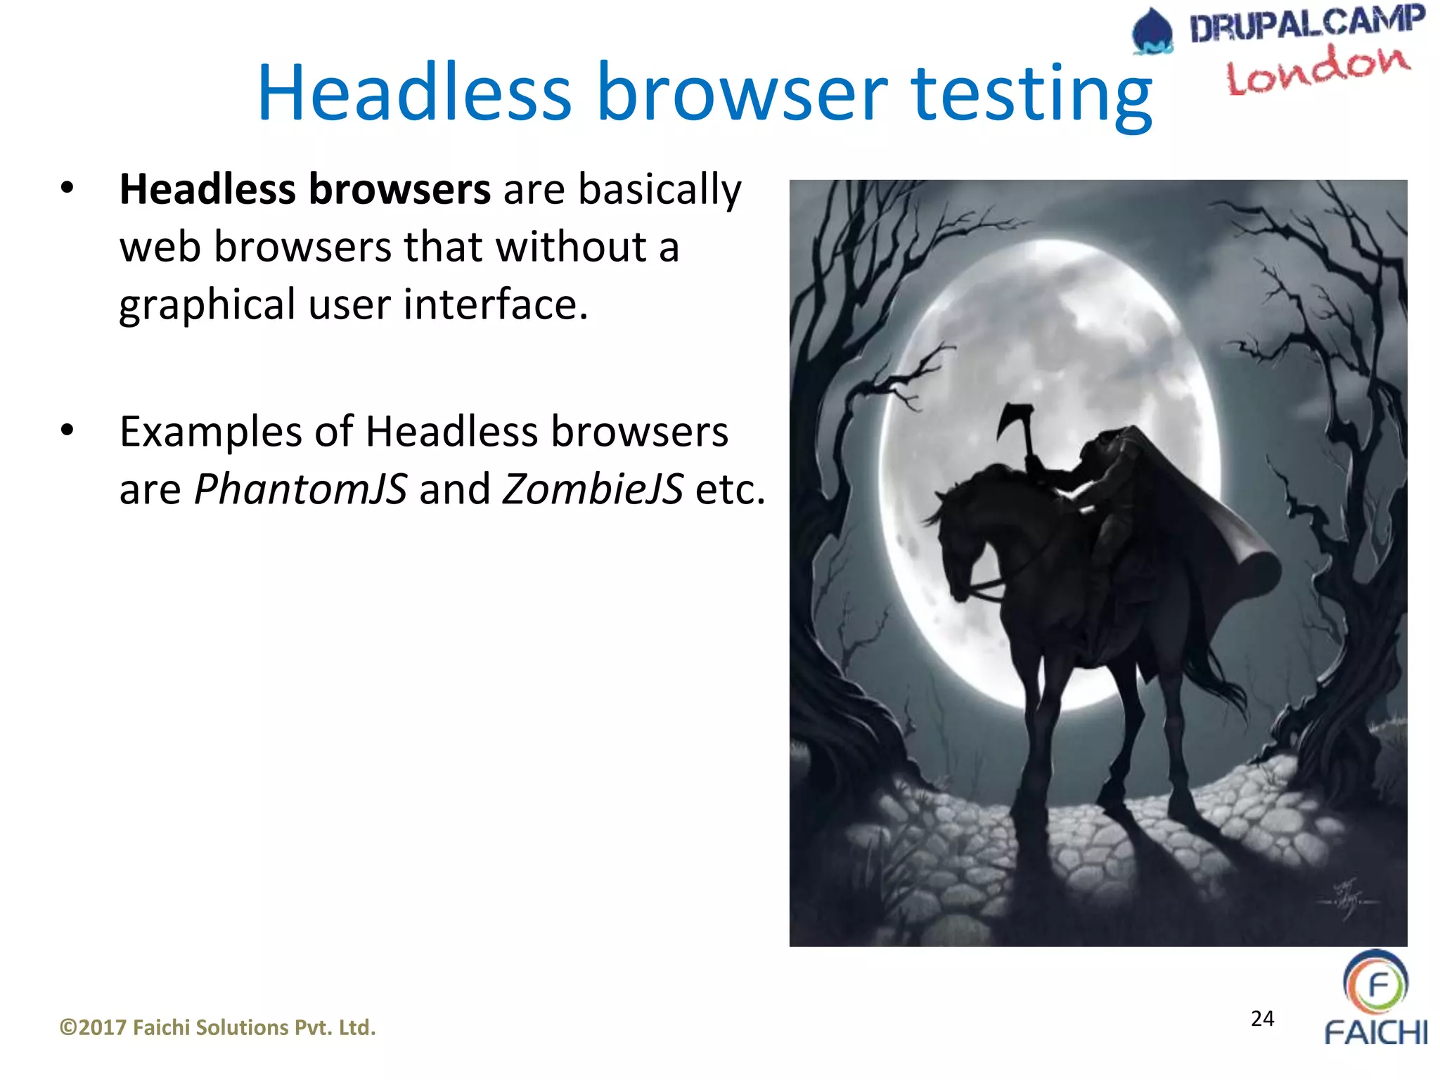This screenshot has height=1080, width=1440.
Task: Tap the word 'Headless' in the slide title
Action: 414,94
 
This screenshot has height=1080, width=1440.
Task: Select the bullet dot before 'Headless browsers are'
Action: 67,188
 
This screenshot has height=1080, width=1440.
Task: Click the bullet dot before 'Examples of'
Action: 67,430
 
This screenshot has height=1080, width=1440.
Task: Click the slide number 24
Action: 1262,1018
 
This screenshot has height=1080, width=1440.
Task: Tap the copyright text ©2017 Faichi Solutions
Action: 217,1027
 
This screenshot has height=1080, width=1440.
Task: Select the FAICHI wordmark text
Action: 1375,1032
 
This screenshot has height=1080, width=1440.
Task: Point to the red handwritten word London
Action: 1318,70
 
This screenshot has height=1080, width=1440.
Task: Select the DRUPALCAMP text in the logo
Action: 1306,23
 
